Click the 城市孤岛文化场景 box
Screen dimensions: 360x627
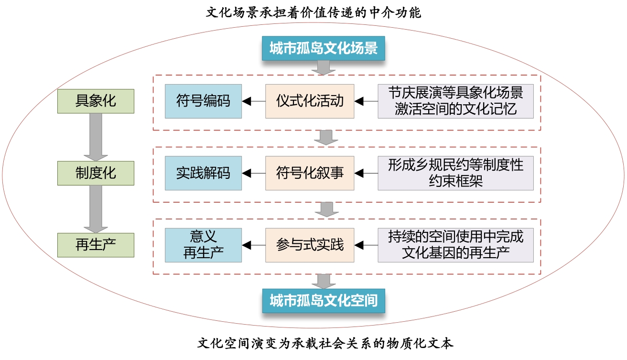pyautogui.click(x=324, y=48)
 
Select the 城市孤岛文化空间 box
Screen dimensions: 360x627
pyautogui.click(x=324, y=300)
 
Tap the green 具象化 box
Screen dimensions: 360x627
pyautogui.click(x=96, y=101)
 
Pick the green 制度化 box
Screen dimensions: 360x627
pyautogui.click(x=96, y=173)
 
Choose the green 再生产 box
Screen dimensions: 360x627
pyautogui.click(x=96, y=245)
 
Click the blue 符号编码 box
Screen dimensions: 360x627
pyautogui.click(x=203, y=101)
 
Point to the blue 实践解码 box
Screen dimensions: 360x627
pyautogui.click(x=203, y=173)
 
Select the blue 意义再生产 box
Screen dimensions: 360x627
pyautogui.click(x=203, y=245)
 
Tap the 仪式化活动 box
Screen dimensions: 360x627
pyautogui.click(x=310, y=101)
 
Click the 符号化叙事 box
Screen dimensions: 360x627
pyautogui.click(x=310, y=173)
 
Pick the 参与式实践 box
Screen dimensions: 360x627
pyautogui.click(x=310, y=245)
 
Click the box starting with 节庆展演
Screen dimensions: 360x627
pyautogui.click(x=455, y=101)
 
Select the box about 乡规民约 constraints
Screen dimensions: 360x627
pyautogui.click(x=455, y=173)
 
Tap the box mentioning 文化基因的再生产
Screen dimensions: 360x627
pyautogui.click(x=455, y=245)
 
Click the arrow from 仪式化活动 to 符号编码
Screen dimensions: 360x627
pyautogui.click(x=254, y=101)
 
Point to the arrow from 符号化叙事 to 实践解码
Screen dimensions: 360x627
pyautogui.click(x=254, y=173)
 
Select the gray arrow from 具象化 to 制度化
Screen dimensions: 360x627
pyautogui.click(x=96, y=137)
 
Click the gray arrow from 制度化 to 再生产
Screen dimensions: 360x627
pyautogui.click(x=96, y=209)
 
